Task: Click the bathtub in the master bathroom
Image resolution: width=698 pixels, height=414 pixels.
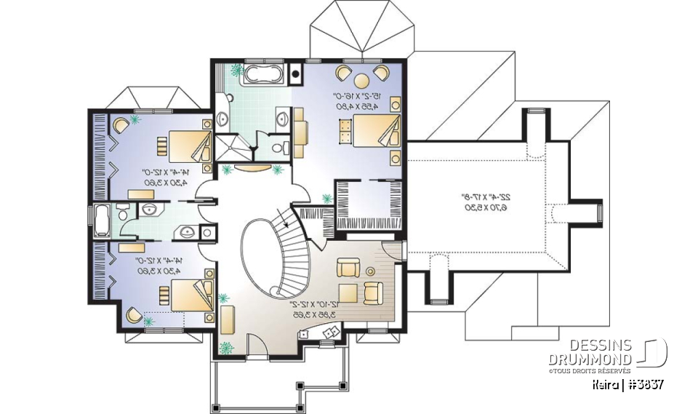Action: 260,73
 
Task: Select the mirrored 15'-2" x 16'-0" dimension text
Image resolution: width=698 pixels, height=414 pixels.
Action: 351,100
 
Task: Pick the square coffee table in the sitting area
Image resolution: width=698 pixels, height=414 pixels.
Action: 348,292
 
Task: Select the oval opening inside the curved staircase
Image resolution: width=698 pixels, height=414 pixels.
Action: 260,258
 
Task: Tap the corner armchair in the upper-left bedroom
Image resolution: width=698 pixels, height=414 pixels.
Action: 120,124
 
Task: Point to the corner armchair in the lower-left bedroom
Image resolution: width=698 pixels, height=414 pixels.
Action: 135,314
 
